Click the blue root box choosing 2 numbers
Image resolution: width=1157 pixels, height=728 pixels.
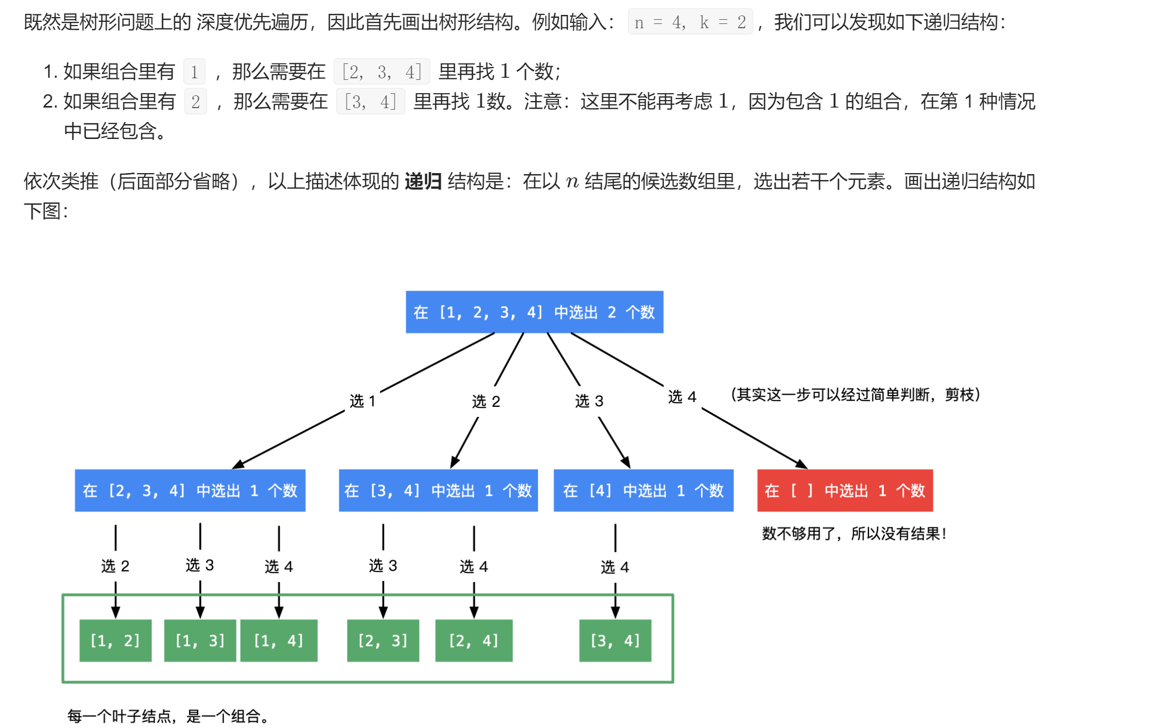[x=534, y=312]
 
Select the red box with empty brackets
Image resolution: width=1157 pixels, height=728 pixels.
[x=845, y=490]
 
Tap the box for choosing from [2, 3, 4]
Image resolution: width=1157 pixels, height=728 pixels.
[x=190, y=490]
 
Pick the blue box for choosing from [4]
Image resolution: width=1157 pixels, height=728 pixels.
[x=643, y=490]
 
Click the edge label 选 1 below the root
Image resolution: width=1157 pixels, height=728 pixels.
[x=363, y=401]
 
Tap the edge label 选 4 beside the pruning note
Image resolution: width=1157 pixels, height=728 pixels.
[x=682, y=397]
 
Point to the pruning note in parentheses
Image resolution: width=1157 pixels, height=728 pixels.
[x=855, y=395]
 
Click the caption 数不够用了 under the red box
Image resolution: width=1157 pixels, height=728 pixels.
[x=854, y=534]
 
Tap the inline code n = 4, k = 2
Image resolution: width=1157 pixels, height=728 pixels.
[x=690, y=22]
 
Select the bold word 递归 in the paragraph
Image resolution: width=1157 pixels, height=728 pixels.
[x=423, y=182]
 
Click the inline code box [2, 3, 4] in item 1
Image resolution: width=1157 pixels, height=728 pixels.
[x=381, y=71]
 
